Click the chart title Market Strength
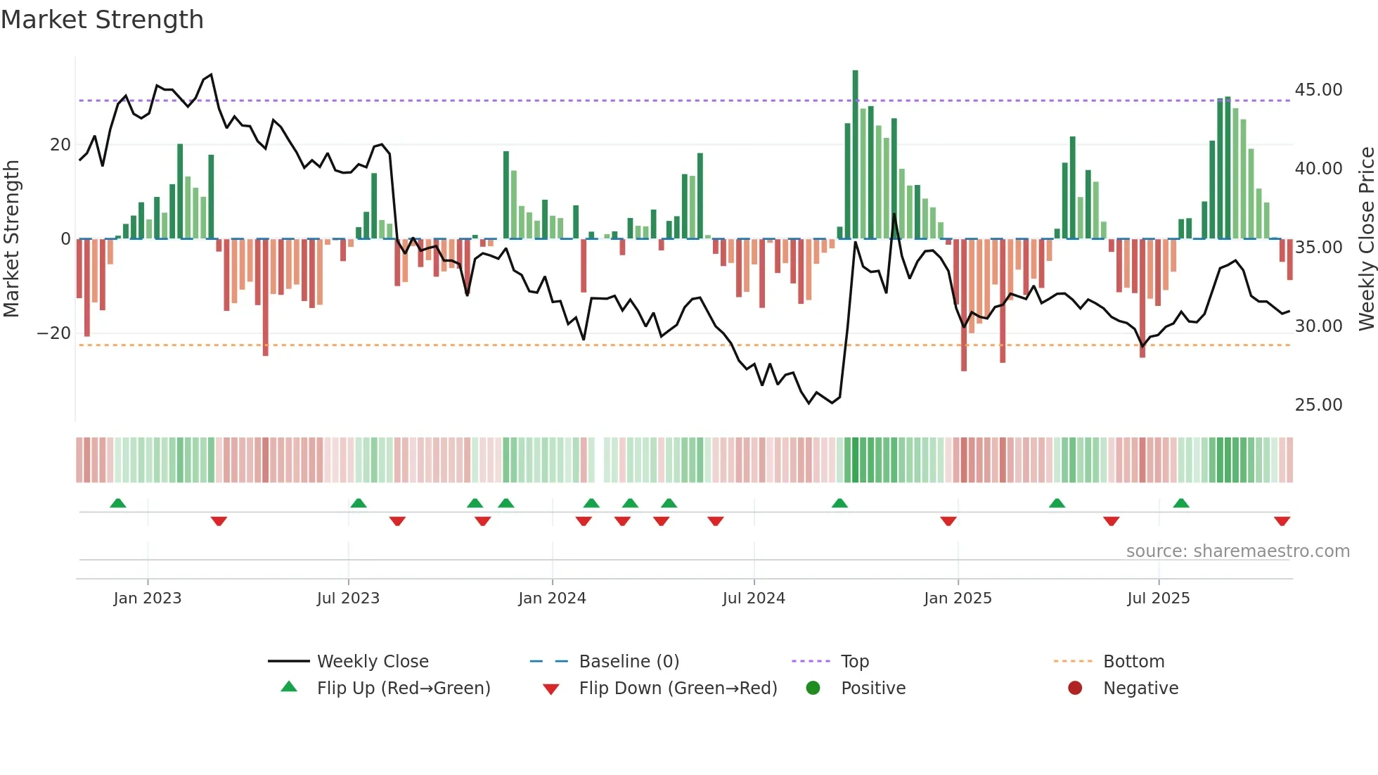click(x=102, y=20)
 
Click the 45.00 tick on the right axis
click(x=1318, y=90)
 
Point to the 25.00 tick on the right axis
click(x=1318, y=405)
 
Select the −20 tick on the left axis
click(x=54, y=333)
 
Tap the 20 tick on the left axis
click(x=60, y=145)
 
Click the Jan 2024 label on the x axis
click(x=552, y=598)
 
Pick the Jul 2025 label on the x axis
click(x=1158, y=598)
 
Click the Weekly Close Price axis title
click(x=1366, y=239)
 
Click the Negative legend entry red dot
click(x=1075, y=688)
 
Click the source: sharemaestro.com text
click(x=1237, y=551)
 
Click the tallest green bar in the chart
click(x=855, y=155)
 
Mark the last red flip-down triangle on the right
click(x=1282, y=521)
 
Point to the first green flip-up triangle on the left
click(x=118, y=503)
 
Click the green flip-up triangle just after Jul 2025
click(x=1181, y=503)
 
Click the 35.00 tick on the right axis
click(x=1318, y=248)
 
